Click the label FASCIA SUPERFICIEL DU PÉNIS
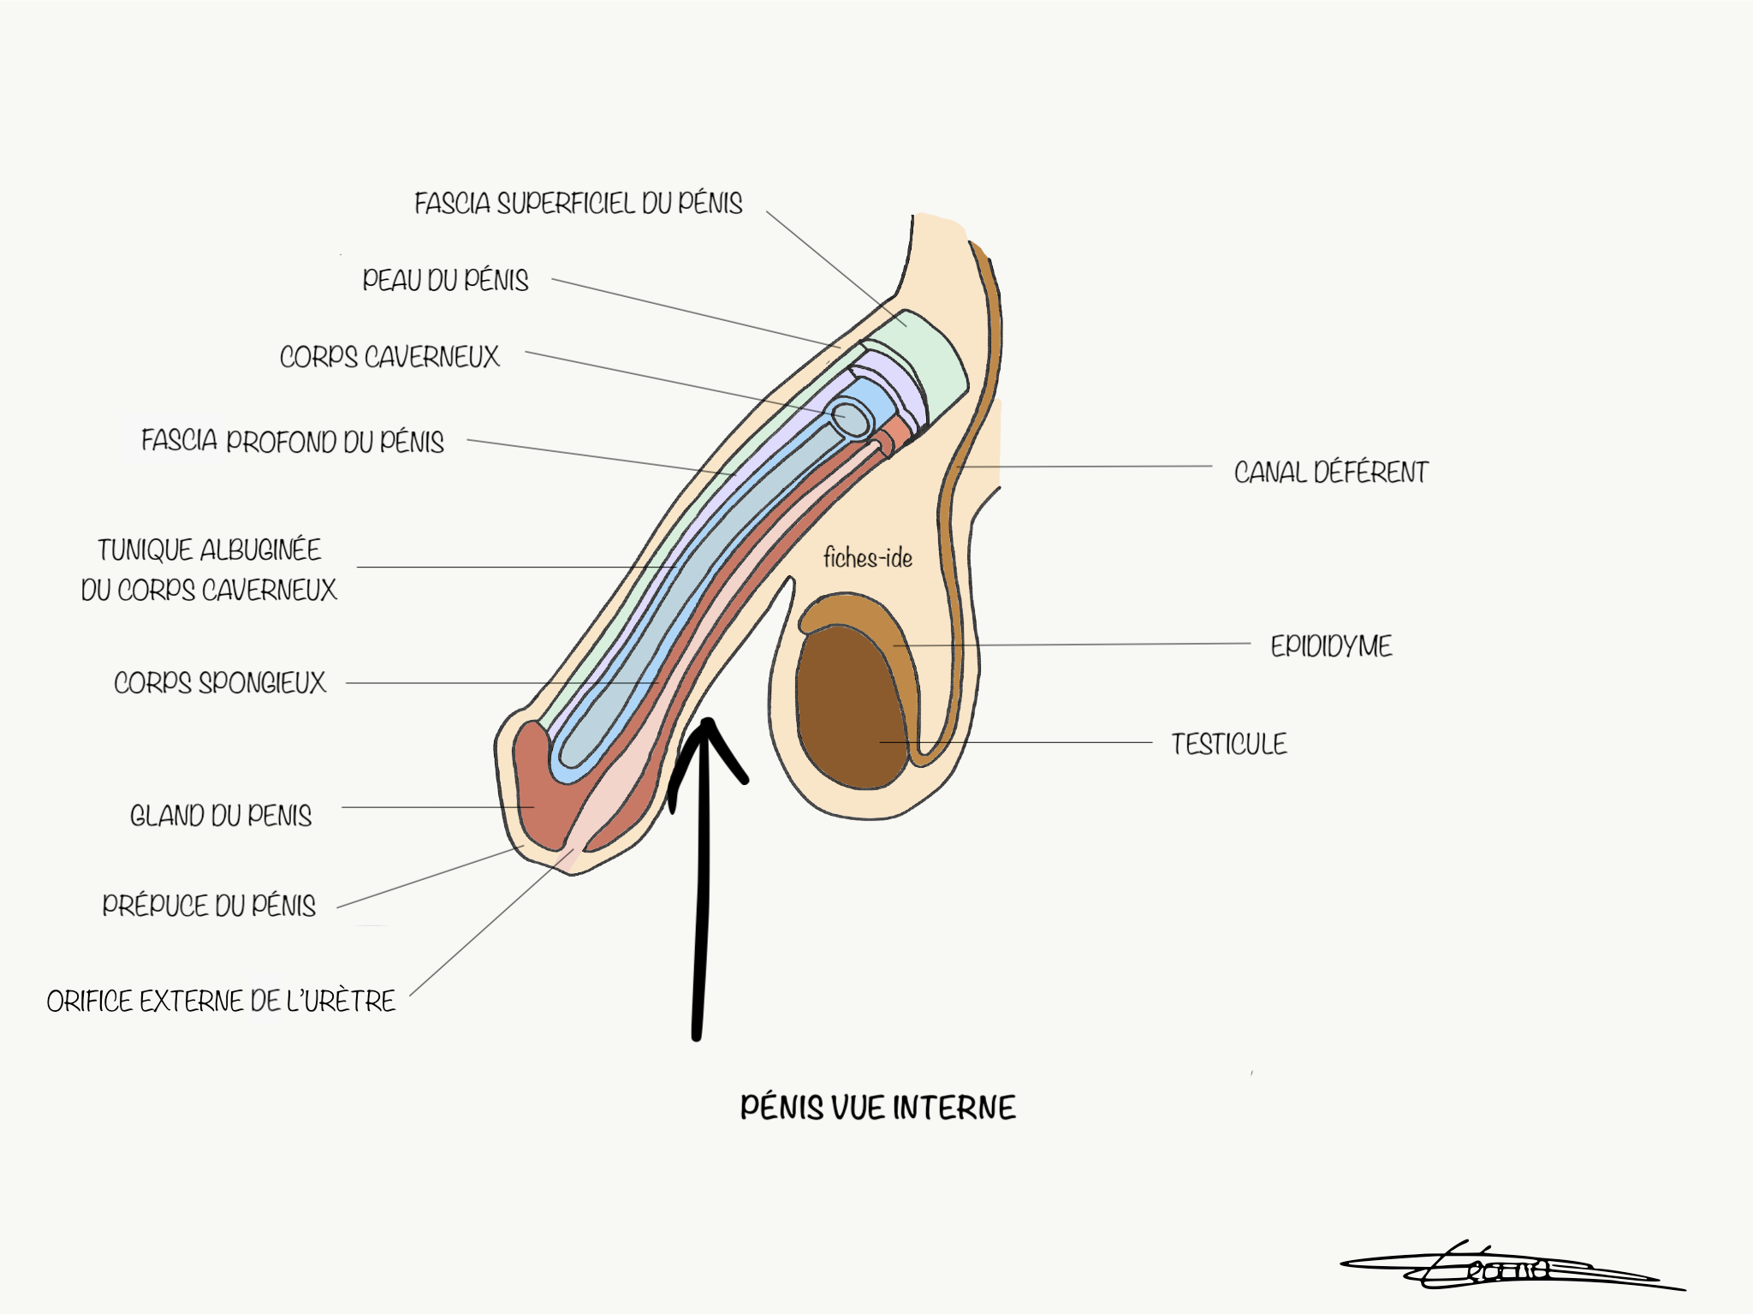click(x=578, y=204)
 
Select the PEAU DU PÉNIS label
click(x=445, y=280)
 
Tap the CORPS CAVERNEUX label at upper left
click(x=389, y=357)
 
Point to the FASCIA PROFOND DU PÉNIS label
click(x=293, y=441)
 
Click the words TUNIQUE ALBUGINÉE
click(x=209, y=550)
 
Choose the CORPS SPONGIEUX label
click(x=220, y=683)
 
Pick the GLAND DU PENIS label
click(x=220, y=815)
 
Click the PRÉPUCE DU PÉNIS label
click(x=209, y=906)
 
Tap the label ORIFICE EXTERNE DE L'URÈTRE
click(x=221, y=1001)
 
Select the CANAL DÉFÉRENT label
click(x=1331, y=472)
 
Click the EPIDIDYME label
click(x=1331, y=645)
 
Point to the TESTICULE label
click(x=1228, y=744)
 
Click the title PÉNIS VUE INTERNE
click(x=877, y=1108)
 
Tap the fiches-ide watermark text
click(x=867, y=558)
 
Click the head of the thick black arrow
click(x=708, y=736)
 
